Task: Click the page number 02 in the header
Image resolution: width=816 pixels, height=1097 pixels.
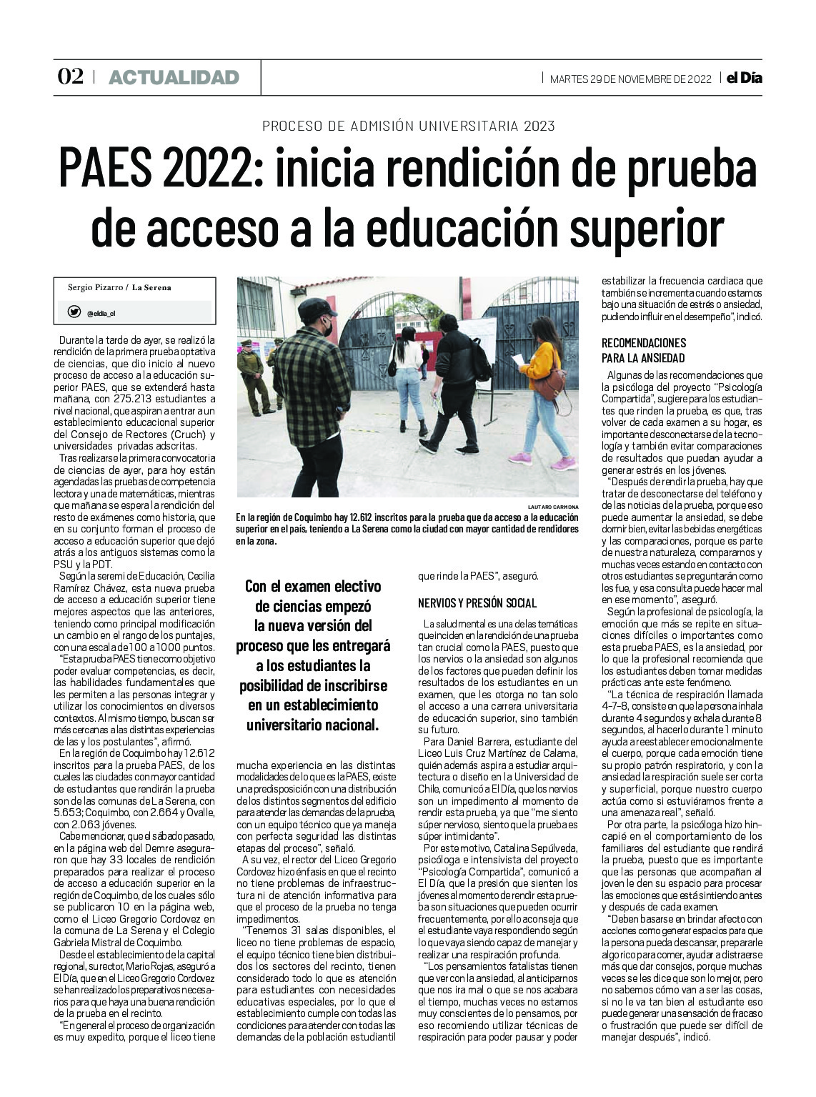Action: coord(70,77)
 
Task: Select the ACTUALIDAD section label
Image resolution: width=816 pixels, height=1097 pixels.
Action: coord(174,78)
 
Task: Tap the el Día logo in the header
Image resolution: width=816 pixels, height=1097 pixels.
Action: coord(744,78)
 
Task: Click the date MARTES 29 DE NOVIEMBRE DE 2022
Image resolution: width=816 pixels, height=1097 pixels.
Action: coord(630,79)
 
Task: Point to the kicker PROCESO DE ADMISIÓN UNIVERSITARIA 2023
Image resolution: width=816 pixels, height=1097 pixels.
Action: coord(408,126)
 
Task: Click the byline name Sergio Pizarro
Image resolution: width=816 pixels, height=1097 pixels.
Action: coord(95,287)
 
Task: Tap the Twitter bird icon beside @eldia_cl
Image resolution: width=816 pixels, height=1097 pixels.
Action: coord(74,312)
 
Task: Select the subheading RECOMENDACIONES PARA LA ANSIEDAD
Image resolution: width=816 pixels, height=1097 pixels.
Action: coord(644,350)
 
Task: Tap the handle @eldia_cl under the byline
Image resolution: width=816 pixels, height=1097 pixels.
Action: coord(101,312)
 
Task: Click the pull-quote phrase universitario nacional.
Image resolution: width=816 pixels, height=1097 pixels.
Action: coord(312,723)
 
